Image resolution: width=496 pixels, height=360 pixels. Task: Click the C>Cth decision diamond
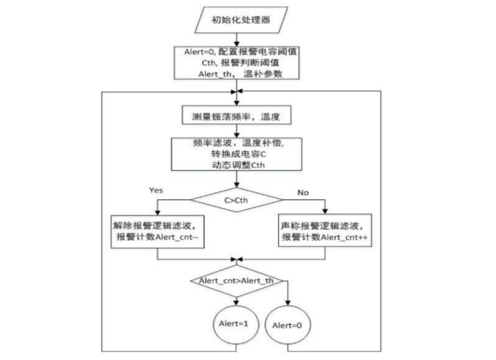pyautogui.click(x=237, y=198)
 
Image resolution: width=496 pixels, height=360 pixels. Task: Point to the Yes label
pyautogui.click(x=156, y=190)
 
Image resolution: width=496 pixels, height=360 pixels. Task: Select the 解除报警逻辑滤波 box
pyautogui.click(x=157, y=231)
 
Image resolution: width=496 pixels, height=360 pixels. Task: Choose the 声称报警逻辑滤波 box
pyautogui.click(x=324, y=231)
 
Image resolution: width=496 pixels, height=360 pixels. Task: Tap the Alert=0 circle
pyautogui.click(x=287, y=326)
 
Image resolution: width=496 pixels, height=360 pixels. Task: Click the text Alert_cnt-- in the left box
pyautogui.click(x=179, y=238)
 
